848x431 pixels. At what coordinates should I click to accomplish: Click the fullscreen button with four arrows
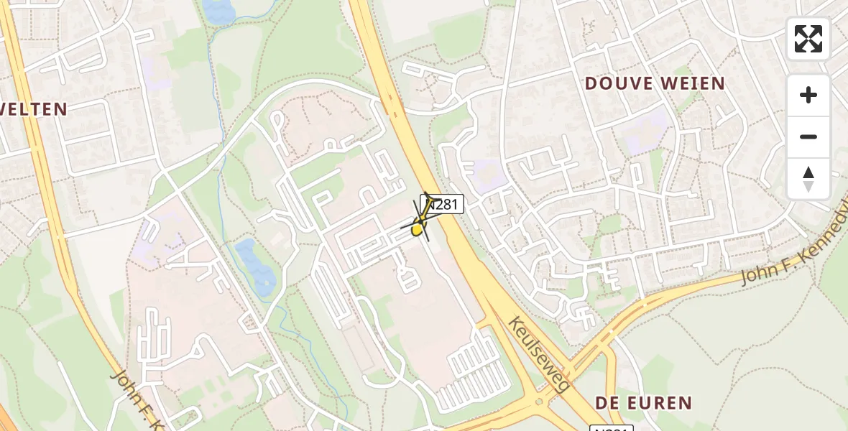coord(808,39)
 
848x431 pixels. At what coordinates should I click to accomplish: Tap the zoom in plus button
coord(808,95)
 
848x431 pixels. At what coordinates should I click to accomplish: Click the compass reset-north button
coord(808,179)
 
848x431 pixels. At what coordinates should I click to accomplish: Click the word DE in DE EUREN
coord(607,402)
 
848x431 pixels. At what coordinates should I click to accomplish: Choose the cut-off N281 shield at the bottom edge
coord(611,428)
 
